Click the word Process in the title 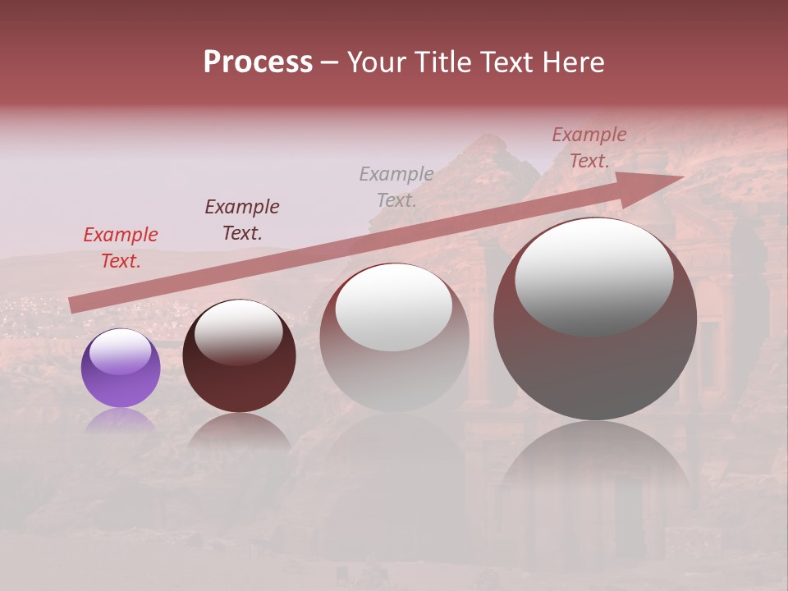(258, 62)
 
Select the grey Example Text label (396, 186)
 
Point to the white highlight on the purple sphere (120, 351)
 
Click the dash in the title (329, 62)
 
